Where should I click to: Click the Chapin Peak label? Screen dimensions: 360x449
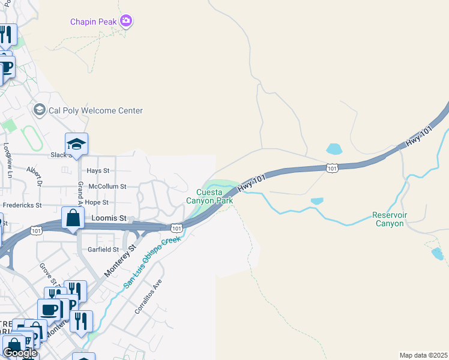(94, 22)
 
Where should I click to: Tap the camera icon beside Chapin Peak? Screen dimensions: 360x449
(126, 22)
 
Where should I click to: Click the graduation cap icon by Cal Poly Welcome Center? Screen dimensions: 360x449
(40, 110)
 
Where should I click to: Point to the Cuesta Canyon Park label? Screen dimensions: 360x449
(209, 197)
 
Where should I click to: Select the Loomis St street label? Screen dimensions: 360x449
(109, 219)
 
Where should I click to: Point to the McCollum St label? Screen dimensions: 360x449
(107, 187)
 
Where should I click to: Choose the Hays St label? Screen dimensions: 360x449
(98, 171)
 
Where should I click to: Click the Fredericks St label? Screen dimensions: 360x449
(22, 205)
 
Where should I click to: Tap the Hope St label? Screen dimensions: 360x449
(96, 202)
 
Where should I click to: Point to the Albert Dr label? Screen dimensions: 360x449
(33, 176)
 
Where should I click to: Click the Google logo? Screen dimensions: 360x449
(20, 353)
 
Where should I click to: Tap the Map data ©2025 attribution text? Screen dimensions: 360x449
(423, 355)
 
